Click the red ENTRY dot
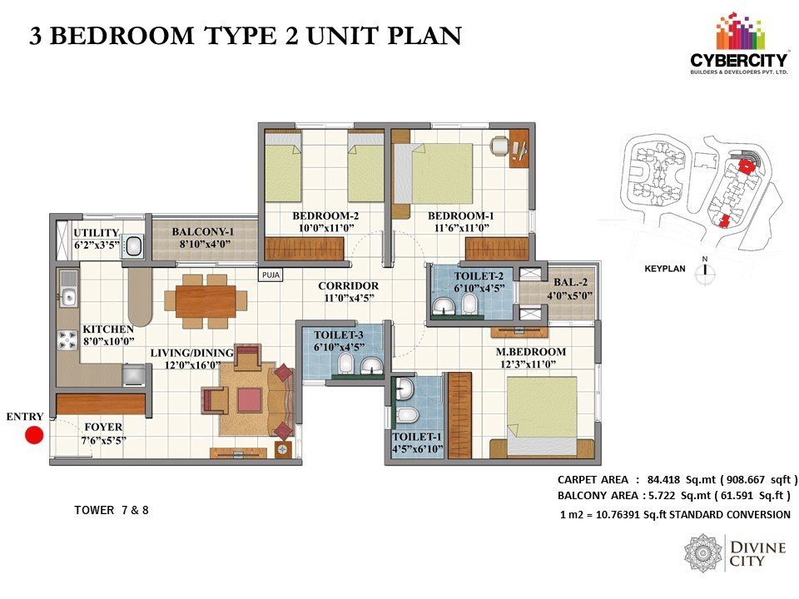click(34, 435)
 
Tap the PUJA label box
click(270, 275)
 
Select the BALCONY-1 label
click(203, 232)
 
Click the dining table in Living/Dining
click(206, 301)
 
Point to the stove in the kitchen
click(67, 340)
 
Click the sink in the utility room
click(133, 246)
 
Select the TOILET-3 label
click(339, 334)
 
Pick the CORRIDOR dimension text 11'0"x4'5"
click(349, 298)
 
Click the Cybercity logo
click(738, 46)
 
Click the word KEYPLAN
click(665, 269)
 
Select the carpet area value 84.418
click(663, 479)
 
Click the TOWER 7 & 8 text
click(111, 510)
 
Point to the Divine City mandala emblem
click(702, 553)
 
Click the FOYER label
click(103, 427)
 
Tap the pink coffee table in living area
click(250, 400)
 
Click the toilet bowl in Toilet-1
click(407, 415)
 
